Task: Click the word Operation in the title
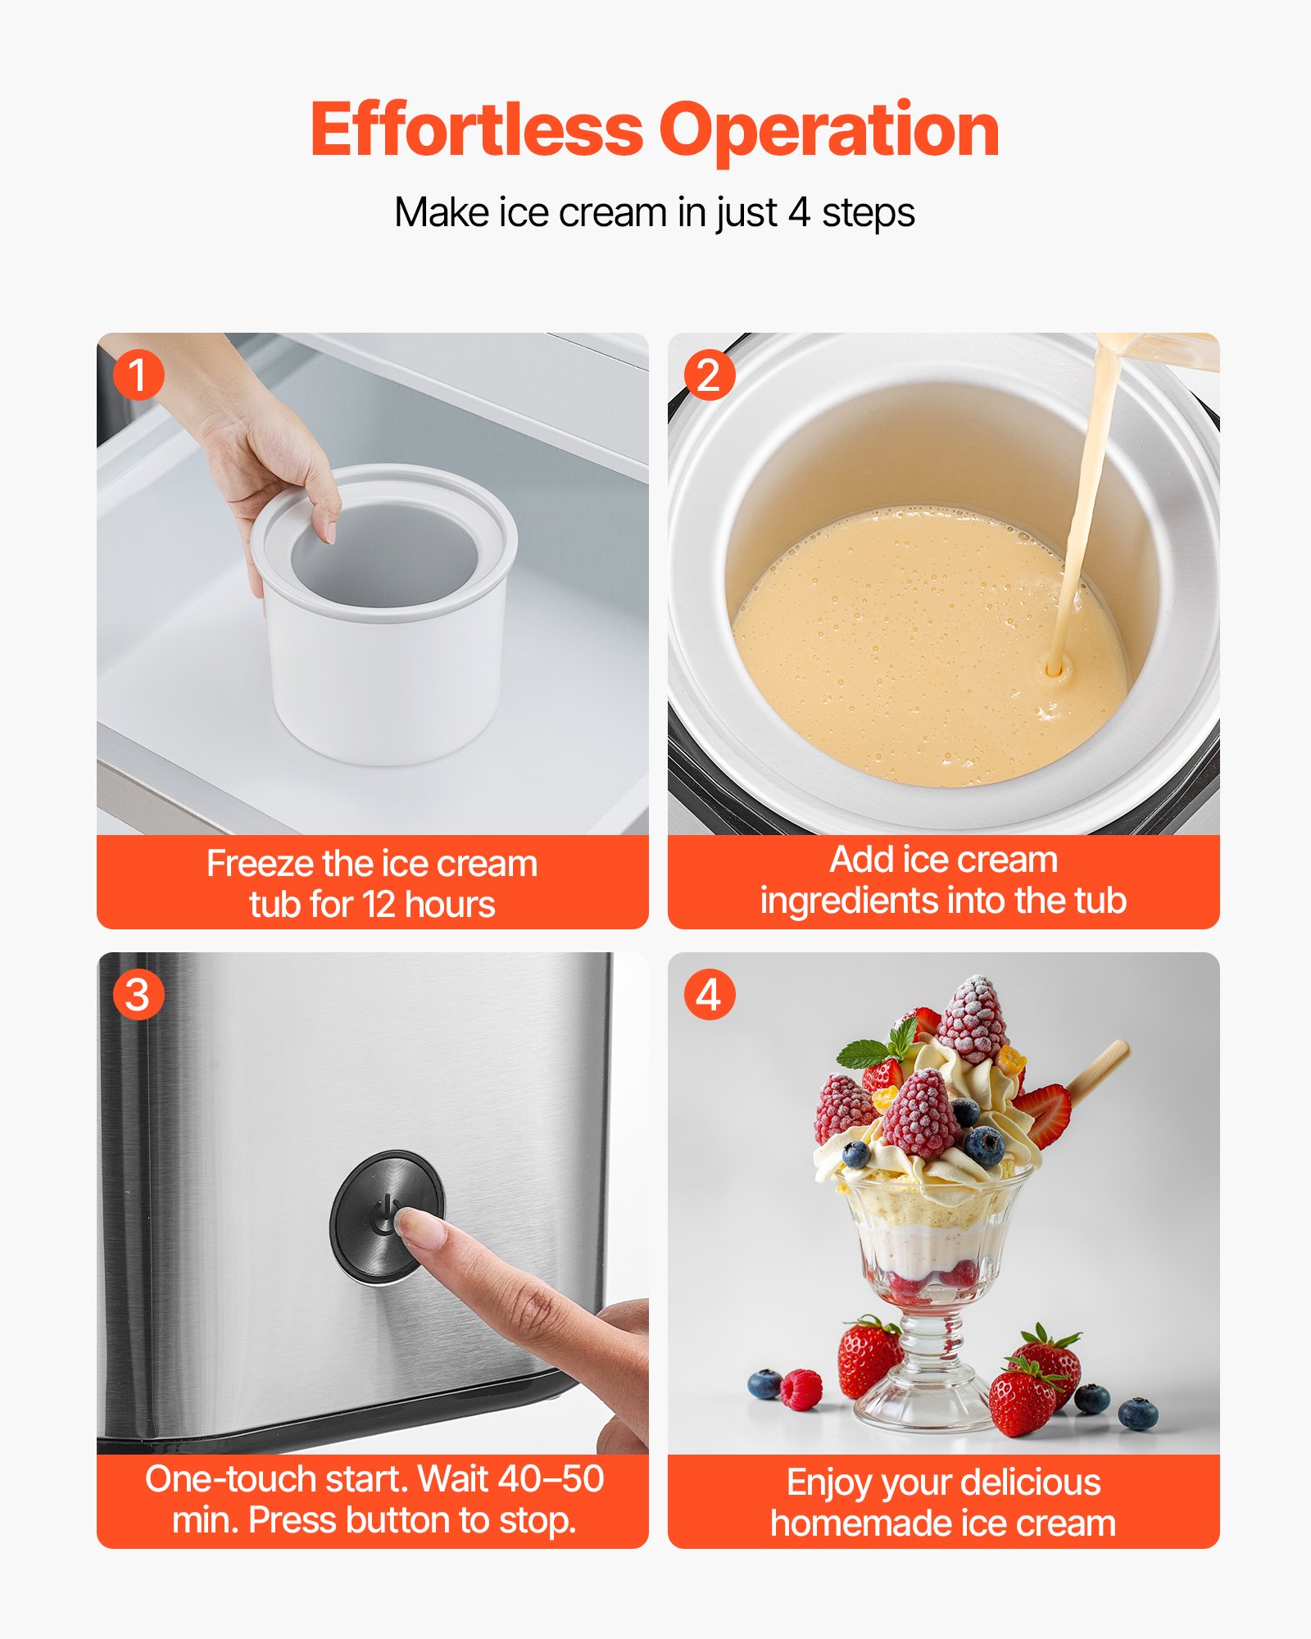829,131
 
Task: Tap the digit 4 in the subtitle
799,213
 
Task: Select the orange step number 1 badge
138,375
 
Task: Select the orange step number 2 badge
709,375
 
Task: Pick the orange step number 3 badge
138,994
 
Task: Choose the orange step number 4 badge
709,994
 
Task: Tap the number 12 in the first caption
379,905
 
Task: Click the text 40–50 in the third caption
551,1479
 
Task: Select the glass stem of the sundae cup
930,1344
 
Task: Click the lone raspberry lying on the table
801,1389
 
